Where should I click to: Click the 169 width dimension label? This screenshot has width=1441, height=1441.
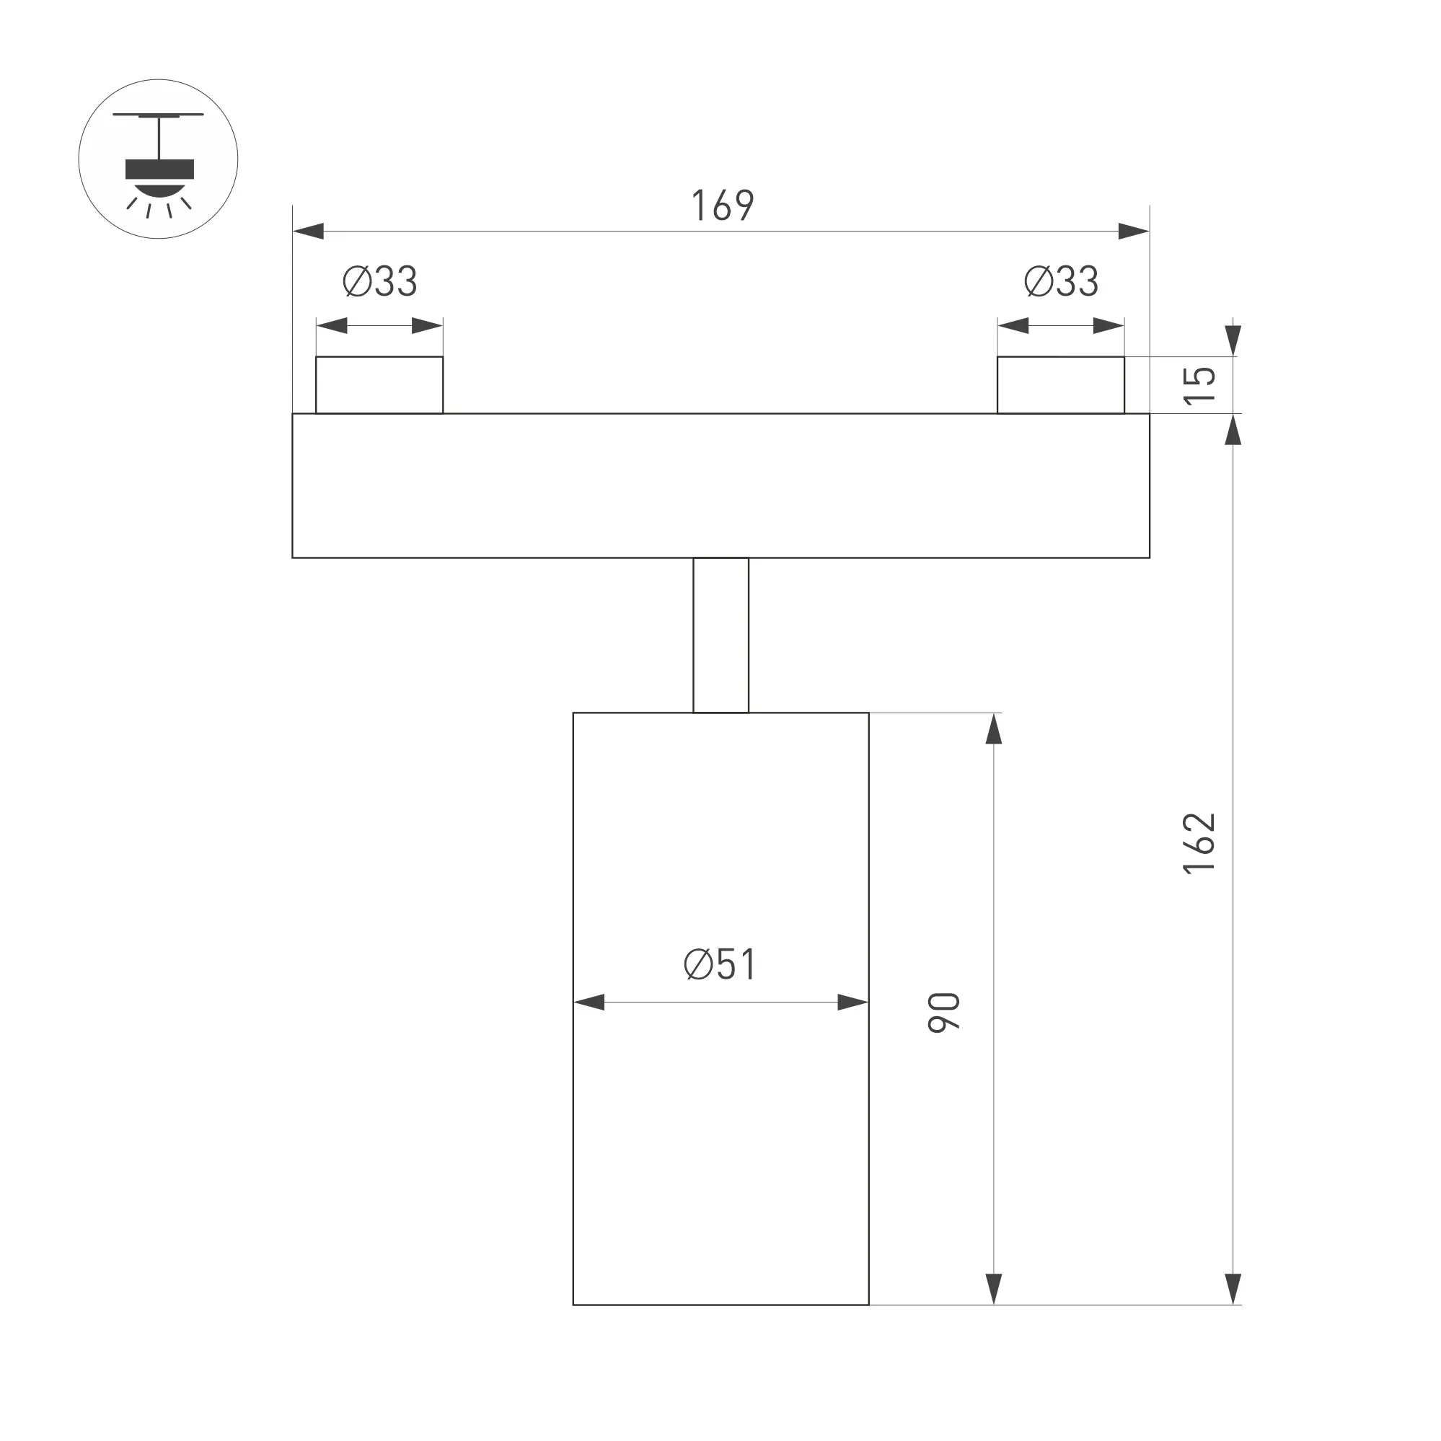[x=723, y=205]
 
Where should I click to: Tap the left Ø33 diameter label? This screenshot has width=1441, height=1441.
[x=379, y=281]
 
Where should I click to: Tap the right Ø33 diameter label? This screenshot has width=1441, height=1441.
[x=1061, y=281]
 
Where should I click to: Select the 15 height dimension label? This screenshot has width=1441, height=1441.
[x=1199, y=386]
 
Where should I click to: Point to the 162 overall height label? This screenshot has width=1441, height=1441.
[x=1199, y=843]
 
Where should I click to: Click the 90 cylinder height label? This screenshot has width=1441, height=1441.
[x=944, y=1013]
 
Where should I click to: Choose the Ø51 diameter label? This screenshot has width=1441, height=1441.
[x=720, y=964]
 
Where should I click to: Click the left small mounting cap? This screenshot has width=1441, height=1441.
[x=379, y=385]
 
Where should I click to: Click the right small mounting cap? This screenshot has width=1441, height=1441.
[x=1061, y=385]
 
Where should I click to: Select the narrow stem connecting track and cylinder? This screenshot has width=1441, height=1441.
[x=720, y=635]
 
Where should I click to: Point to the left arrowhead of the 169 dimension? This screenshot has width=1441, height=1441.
[x=309, y=232]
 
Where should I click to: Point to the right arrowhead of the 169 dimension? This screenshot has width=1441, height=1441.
[x=1134, y=232]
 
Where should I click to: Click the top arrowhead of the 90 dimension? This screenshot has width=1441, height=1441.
[x=994, y=729]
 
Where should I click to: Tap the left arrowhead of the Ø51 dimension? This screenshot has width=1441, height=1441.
[x=589, y=1002]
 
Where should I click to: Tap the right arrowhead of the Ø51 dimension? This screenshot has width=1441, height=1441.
[x=852, y=1002]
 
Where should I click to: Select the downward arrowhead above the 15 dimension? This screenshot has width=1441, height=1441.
[x=1233, y=340]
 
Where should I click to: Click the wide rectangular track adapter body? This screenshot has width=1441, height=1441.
[x=720, y=485]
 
